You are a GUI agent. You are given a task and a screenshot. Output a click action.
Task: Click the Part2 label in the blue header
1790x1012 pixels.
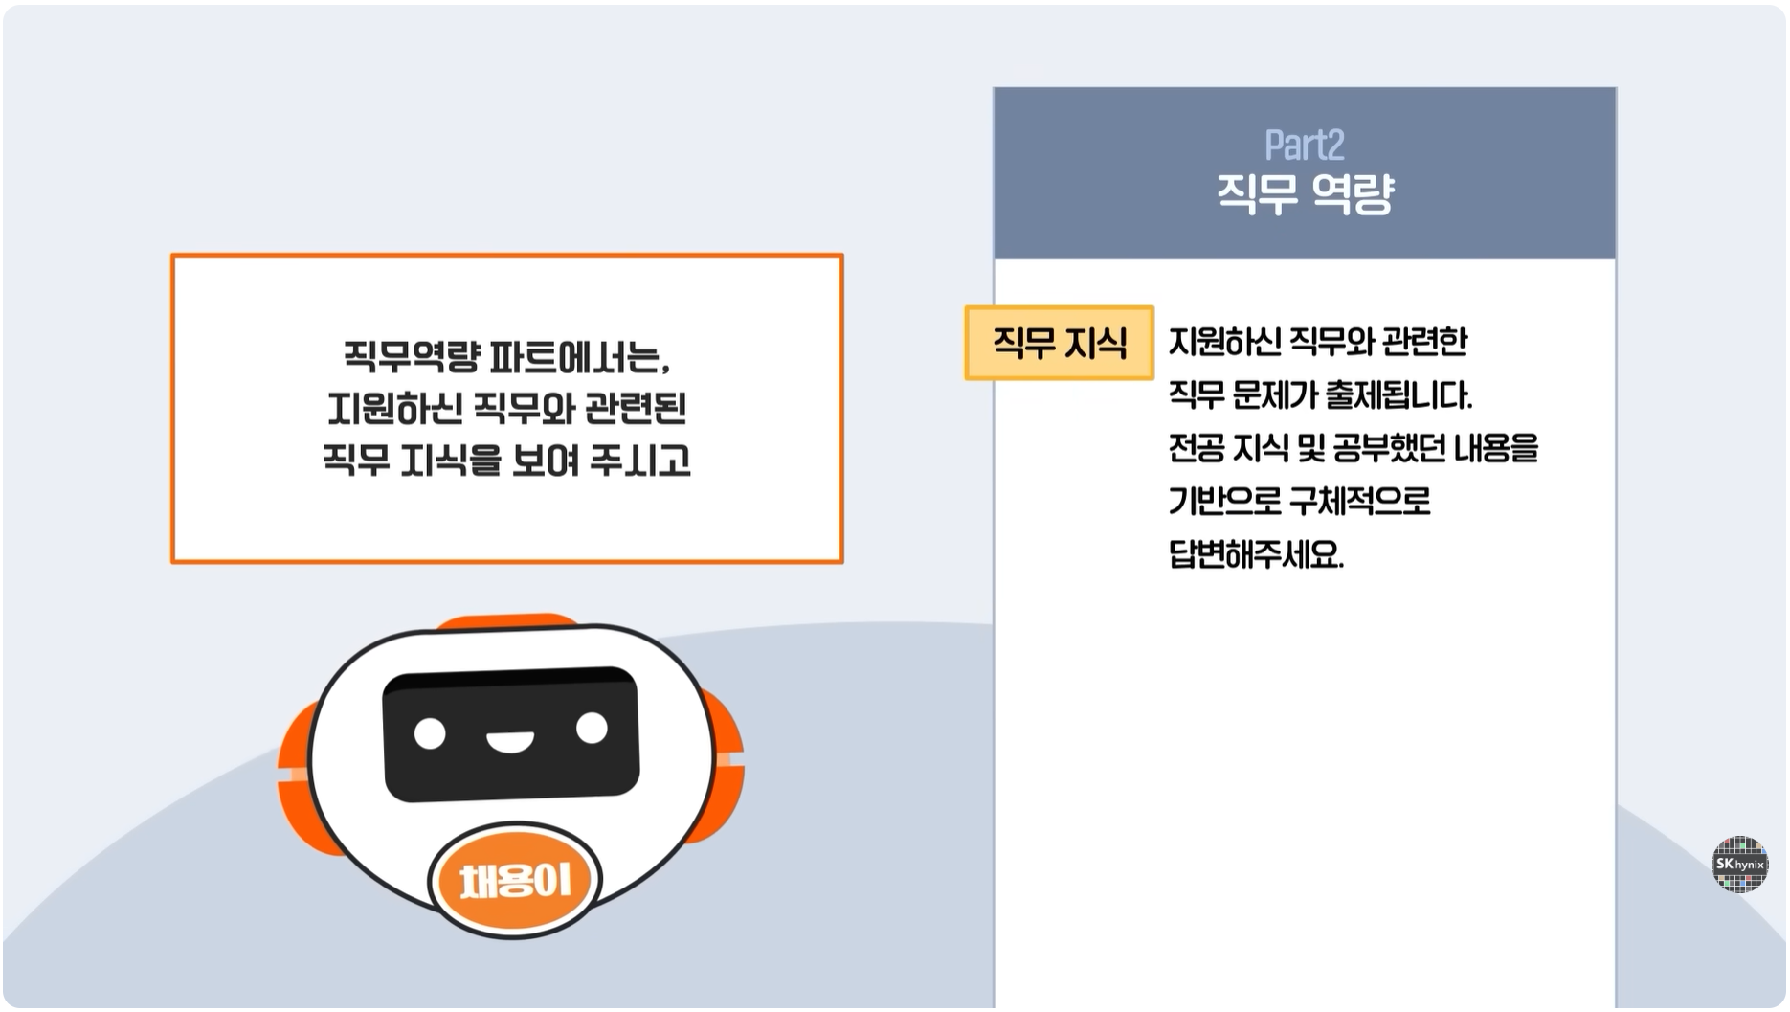(x=1304, y=146)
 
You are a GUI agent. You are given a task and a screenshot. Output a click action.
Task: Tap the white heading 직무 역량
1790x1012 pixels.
(x=1305, y=193)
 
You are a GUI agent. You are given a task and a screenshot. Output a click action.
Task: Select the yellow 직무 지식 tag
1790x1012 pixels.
(x=1060, y=343)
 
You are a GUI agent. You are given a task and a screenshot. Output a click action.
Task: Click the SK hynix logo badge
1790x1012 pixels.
(x=1739, y=865)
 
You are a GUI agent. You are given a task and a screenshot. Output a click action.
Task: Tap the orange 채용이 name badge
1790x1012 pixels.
(x=515, y=880)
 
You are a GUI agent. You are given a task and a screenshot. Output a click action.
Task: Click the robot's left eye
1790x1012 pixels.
(x=430, y=734)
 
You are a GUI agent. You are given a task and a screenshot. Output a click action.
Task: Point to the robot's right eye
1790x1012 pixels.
(x=592, y=729)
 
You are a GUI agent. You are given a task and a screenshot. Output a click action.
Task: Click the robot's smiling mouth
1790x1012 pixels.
(x=509, y=741)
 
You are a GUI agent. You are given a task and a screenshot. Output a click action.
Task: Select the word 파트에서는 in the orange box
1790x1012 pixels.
(x=579, y=357)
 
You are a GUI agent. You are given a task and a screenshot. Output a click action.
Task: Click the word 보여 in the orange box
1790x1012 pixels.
(x=546, y=461)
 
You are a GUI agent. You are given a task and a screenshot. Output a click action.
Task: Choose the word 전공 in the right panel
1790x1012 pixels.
(x=1196, y=448)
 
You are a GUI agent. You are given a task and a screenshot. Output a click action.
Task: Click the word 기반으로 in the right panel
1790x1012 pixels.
(x=1224, y=501)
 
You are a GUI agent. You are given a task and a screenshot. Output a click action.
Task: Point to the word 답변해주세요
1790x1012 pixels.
(x=1256, y=554)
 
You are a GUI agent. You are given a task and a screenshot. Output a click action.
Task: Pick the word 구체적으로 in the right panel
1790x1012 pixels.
(x=1360, y=501)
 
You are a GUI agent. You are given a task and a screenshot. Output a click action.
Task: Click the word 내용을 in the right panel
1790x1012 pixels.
(x=1496, y=448)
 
